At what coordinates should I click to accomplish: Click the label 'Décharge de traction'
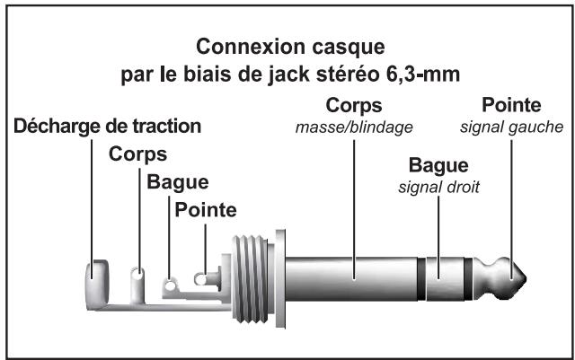tap(106, 124)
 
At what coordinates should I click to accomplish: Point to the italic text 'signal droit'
tap(439, 188)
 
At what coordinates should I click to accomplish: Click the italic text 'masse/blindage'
tap(354, 127)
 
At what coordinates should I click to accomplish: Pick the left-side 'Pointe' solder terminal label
tap(206, 211)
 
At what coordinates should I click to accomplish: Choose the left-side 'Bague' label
tap(177, 182)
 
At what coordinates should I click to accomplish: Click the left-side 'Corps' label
tap(137, 154)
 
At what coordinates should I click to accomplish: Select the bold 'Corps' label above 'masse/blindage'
tap(355, 105)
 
